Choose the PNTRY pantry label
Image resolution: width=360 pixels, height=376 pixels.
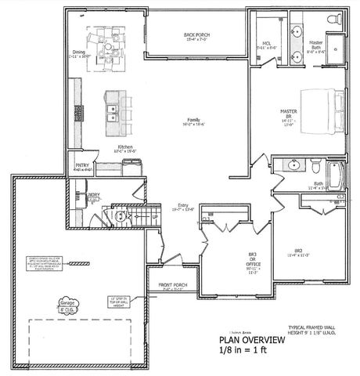tap(81, 165)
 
